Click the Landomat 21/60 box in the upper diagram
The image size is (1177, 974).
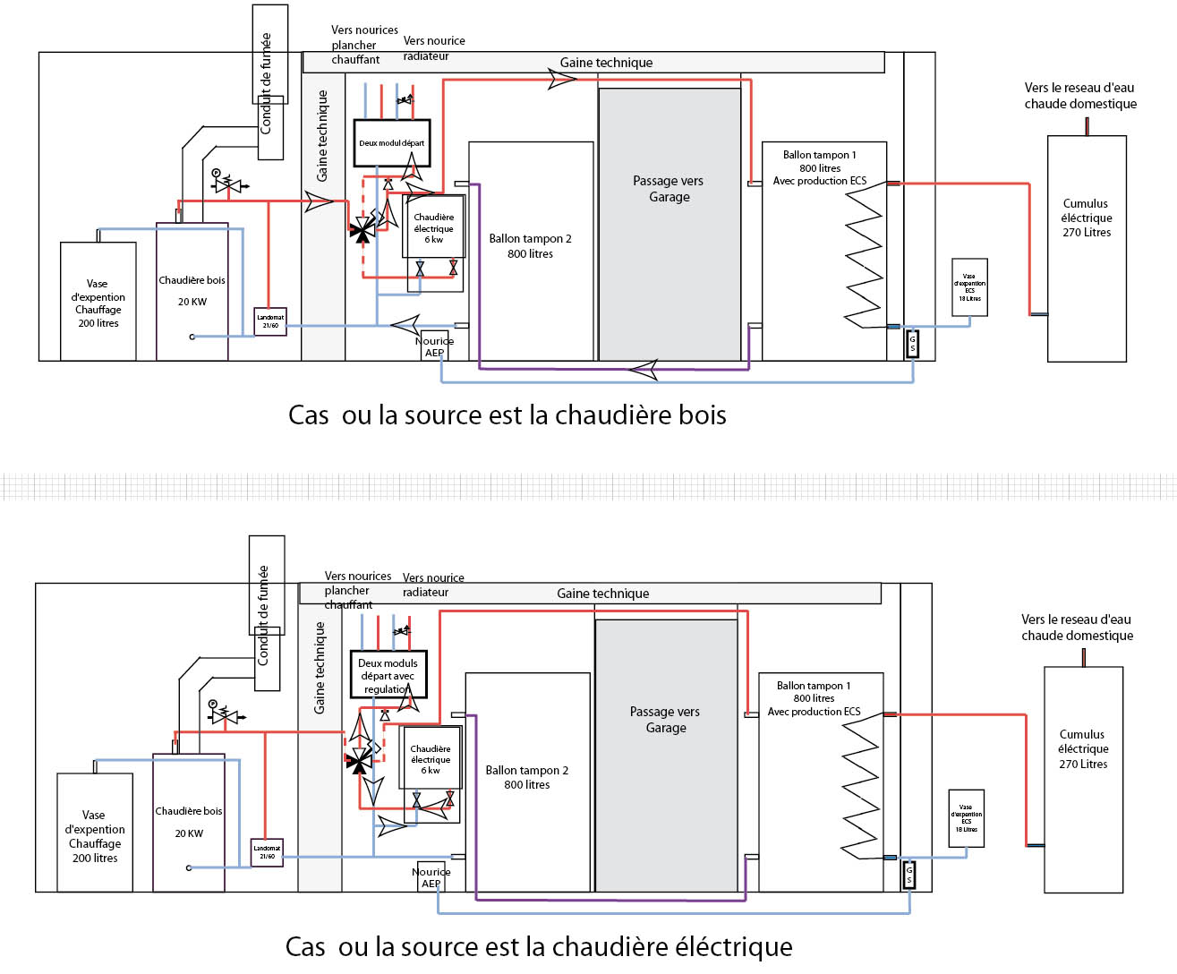click(270, 321)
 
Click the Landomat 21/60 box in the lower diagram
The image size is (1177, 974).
click(267, 852)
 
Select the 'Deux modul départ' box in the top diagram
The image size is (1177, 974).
click(392, 143)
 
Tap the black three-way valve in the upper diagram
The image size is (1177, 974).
click(362, 231)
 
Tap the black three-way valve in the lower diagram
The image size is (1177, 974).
click(358, 762)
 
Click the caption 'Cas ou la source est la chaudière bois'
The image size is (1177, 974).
click(507, 415)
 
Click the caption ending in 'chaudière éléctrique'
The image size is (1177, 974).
click(538, 946)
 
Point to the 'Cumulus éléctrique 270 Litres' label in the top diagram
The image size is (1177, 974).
click(1087, 218)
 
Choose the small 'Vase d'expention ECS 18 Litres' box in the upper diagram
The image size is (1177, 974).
click(969, 287)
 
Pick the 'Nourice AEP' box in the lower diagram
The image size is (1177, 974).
click(431, 877)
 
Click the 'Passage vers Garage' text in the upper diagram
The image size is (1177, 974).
click(669, 189)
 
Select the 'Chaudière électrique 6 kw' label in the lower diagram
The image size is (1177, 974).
click(431, 759)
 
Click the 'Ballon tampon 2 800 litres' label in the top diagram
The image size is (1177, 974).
click(530, 246)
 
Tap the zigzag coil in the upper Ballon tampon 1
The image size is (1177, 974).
click(864, 259)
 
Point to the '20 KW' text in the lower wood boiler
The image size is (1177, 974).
click(189, 833)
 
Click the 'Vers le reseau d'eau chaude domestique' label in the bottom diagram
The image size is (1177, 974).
click(1077, 628)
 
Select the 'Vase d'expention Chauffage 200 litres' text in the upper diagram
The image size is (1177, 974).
click(98, 303)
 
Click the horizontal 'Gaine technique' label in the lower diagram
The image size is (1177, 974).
click(602, 594)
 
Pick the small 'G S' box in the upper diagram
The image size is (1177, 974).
click(912, 344)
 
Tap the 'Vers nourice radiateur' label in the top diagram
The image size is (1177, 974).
click(433, 48)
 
